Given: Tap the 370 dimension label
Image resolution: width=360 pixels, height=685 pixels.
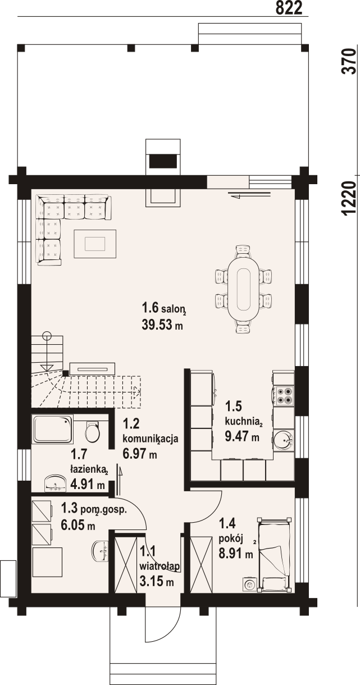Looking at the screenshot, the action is point(349,61).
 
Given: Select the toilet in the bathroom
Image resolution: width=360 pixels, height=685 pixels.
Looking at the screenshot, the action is point(92,432).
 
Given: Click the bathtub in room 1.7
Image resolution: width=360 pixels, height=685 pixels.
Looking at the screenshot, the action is point(53,429).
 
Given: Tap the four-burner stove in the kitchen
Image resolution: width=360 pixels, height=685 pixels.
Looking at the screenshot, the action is point(284,396).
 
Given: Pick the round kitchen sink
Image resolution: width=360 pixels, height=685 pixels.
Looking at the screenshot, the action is point(284,439).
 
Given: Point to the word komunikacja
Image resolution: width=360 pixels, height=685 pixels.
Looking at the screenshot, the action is point(150,439).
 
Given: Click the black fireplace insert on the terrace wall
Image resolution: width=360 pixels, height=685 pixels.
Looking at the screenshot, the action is point(163,161).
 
